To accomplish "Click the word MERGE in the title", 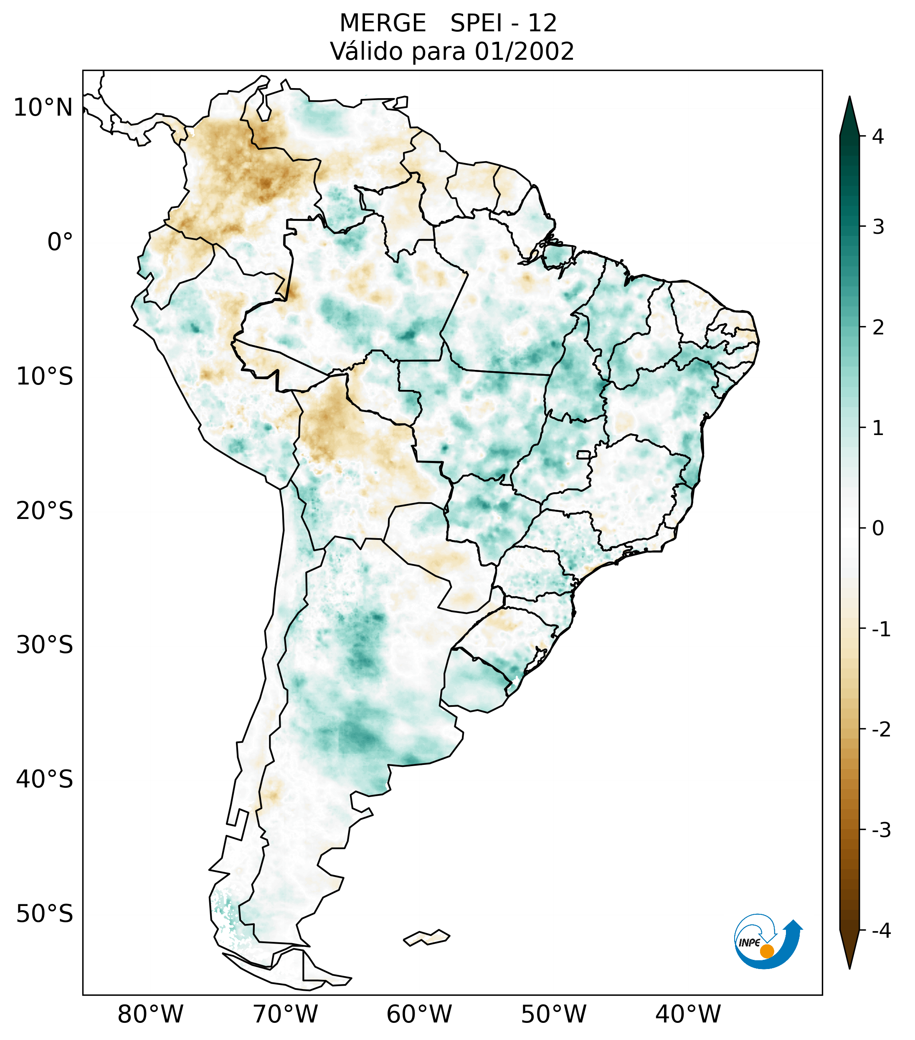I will click(382, 23).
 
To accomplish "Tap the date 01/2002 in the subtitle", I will click(524, 51).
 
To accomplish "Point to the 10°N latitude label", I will click(43, 108).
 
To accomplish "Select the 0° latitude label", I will click(60, 242).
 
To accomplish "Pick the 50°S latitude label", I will click(45, 914).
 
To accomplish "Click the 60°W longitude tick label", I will click(419, 1014).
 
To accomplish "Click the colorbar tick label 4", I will click(878, 137).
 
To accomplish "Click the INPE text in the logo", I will click(749, 943).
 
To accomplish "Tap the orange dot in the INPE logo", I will click(767, 951).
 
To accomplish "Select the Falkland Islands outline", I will click(426, 937).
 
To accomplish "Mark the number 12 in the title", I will click(542, 23).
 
